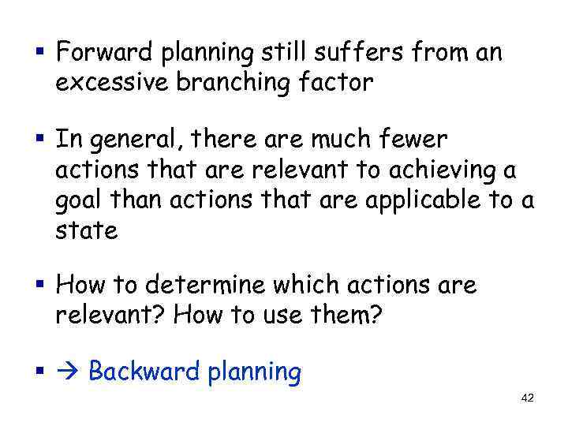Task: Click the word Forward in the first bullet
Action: pos(105,54)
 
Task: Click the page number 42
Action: pos(528,398)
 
